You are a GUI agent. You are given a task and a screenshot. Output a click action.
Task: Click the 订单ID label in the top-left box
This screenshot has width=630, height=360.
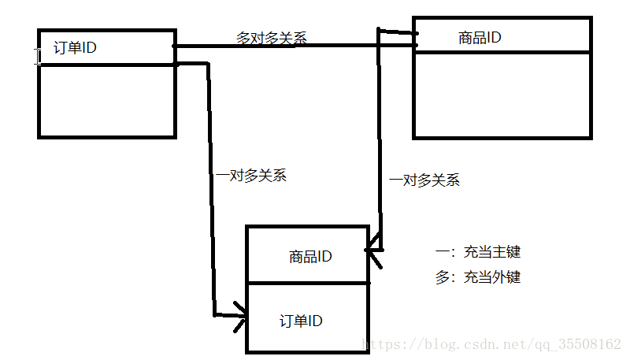pyautogui.click(x=75, y=47)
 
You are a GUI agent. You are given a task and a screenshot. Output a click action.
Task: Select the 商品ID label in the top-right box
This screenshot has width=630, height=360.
pyautogui.click(x=480, y=37)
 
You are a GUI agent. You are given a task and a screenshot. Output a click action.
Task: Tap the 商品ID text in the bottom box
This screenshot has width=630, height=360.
pyautogui.click(x=310, y=256)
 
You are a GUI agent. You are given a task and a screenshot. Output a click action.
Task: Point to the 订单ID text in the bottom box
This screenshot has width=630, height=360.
pyautogui.click(x=301, y=321)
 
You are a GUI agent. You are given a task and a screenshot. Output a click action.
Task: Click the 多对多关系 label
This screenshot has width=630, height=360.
pyautogui.click(x=272, y=37)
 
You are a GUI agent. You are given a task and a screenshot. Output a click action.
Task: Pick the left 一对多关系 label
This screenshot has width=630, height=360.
pyautogui.click(x=251, y=175)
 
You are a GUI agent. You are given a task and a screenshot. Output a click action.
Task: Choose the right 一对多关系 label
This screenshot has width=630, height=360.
pyautogui.click(x=424, y=180)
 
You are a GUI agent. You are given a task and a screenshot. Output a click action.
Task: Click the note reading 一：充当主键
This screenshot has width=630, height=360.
pyautogui.click(x=477, y=252)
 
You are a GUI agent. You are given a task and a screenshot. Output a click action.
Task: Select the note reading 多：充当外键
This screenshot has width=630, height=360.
pyautogui.click(x=477, y=277)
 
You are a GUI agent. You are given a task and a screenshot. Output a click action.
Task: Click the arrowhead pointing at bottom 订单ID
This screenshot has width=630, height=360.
pyautogui.click(x=240, y=317)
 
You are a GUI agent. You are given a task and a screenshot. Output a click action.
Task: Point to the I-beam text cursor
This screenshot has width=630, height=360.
pyautogui.click(x=36, y=55)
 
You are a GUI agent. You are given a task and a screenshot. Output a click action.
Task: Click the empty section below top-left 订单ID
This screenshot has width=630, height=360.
pyautogui.click(x=106, y=100)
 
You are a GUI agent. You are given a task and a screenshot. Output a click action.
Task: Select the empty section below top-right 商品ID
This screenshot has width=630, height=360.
pyautogui.click(x=502, y=95)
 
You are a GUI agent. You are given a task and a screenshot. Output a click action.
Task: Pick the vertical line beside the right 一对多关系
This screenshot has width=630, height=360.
pyautogui.click(x=380, y=142)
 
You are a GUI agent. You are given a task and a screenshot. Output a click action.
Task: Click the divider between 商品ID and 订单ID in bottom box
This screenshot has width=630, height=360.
pyautogui.click(x=307, y=282)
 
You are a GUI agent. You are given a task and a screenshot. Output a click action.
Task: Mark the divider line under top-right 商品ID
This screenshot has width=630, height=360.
pyautogui.click(x=502, y=52)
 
